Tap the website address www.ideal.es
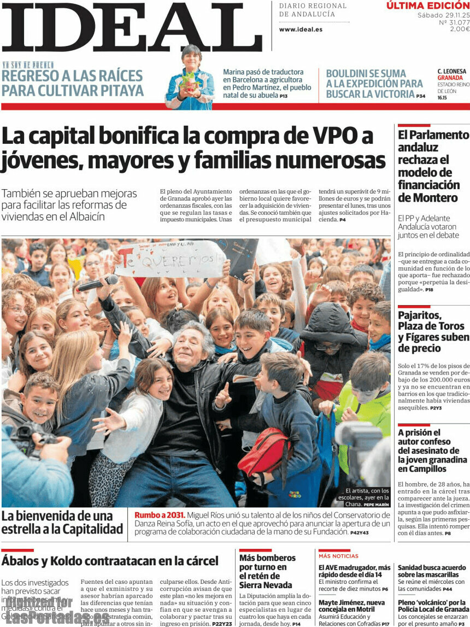tap(301, 30)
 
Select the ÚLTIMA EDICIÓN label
tap(427, 6)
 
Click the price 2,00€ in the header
tap(460, 30)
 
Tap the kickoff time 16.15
tap(442, 98)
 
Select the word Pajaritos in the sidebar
tap(419, 315)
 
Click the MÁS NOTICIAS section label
tap(338, 556)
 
